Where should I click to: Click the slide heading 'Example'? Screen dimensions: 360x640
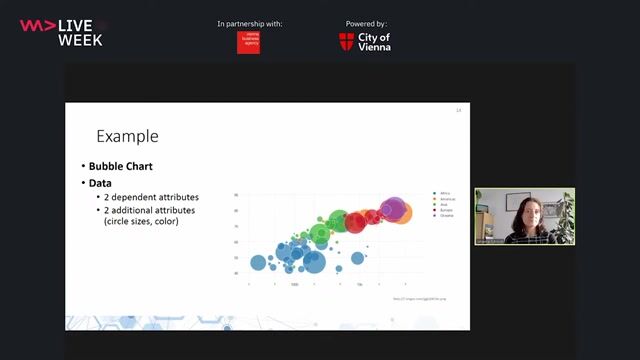[127, 136]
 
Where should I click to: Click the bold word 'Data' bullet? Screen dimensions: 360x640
[99, 184]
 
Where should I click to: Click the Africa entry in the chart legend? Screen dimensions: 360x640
[443, 193]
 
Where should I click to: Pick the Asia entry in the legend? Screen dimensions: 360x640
[442, 205]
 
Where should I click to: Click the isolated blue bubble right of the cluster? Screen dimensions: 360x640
[358, 258]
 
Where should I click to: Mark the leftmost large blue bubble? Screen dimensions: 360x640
[258, 263]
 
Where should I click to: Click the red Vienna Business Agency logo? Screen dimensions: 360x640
[248, 42]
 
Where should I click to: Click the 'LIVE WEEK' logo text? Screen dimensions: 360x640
[80, 32]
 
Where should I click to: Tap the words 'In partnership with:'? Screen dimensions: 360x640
[249, 23]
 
